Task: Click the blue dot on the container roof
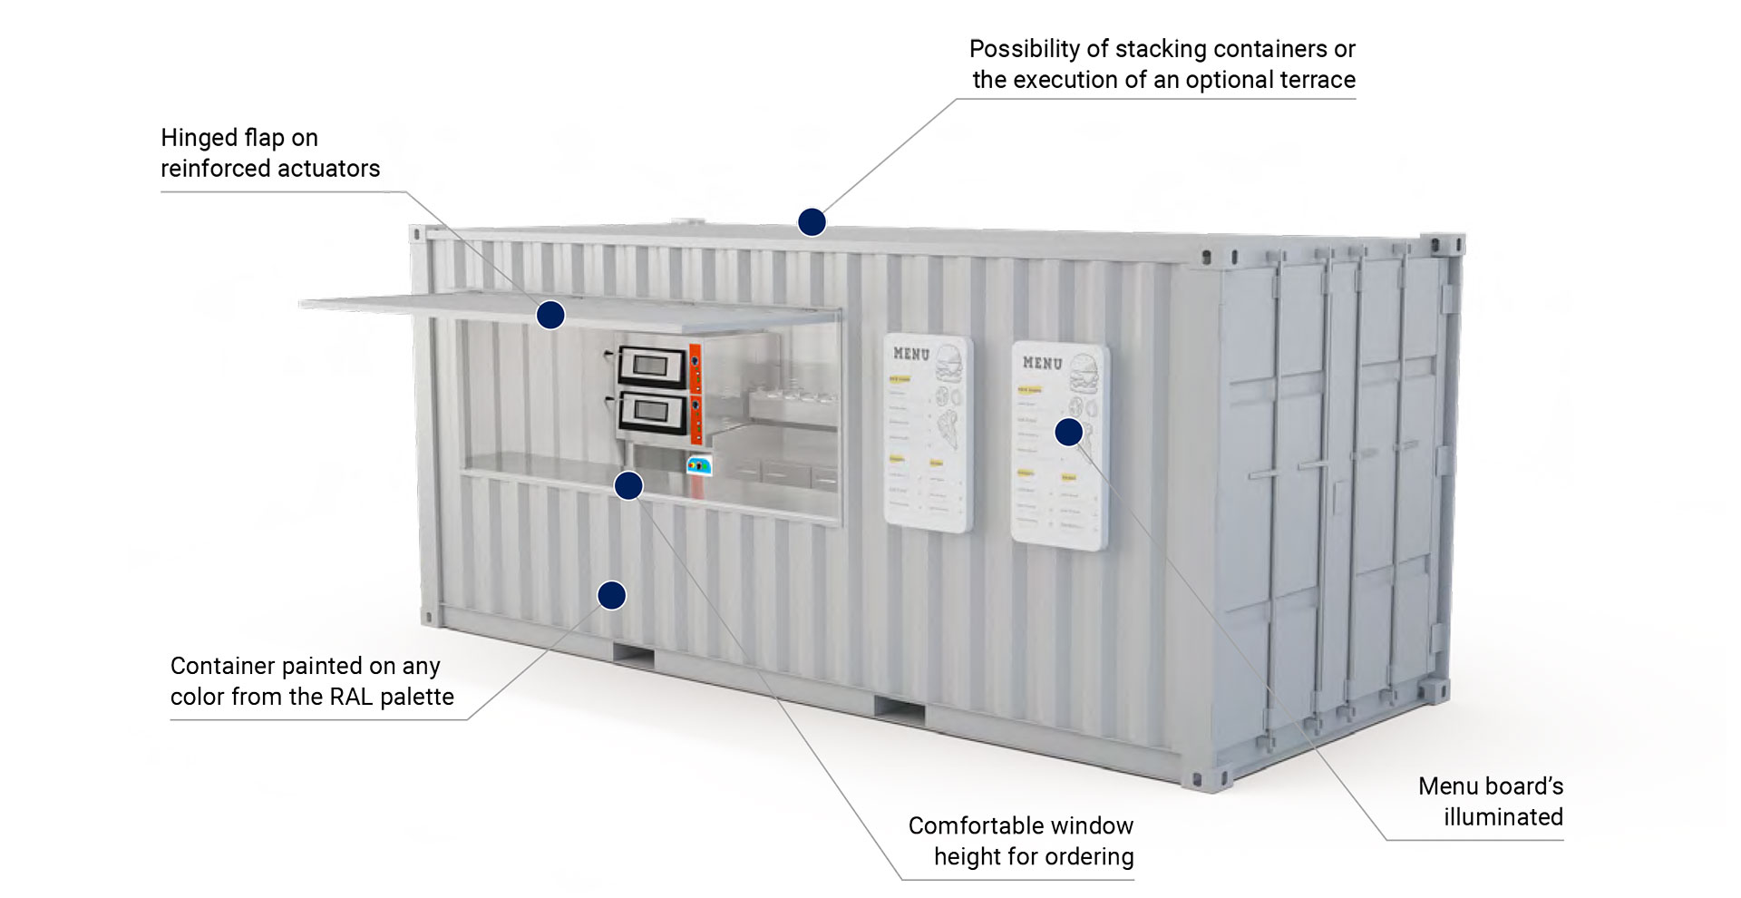812,221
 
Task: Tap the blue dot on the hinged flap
550,315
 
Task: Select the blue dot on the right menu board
1069,432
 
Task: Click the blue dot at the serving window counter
628,485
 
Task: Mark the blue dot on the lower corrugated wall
612,595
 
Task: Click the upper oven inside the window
653,366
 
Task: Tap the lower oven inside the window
653,413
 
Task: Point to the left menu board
928,434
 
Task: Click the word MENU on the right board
1042,363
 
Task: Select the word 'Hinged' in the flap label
194,138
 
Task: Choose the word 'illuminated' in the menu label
1503,816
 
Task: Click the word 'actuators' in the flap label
329,169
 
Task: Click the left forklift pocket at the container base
634,655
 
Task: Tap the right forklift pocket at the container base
900,710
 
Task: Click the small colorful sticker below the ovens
699,465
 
